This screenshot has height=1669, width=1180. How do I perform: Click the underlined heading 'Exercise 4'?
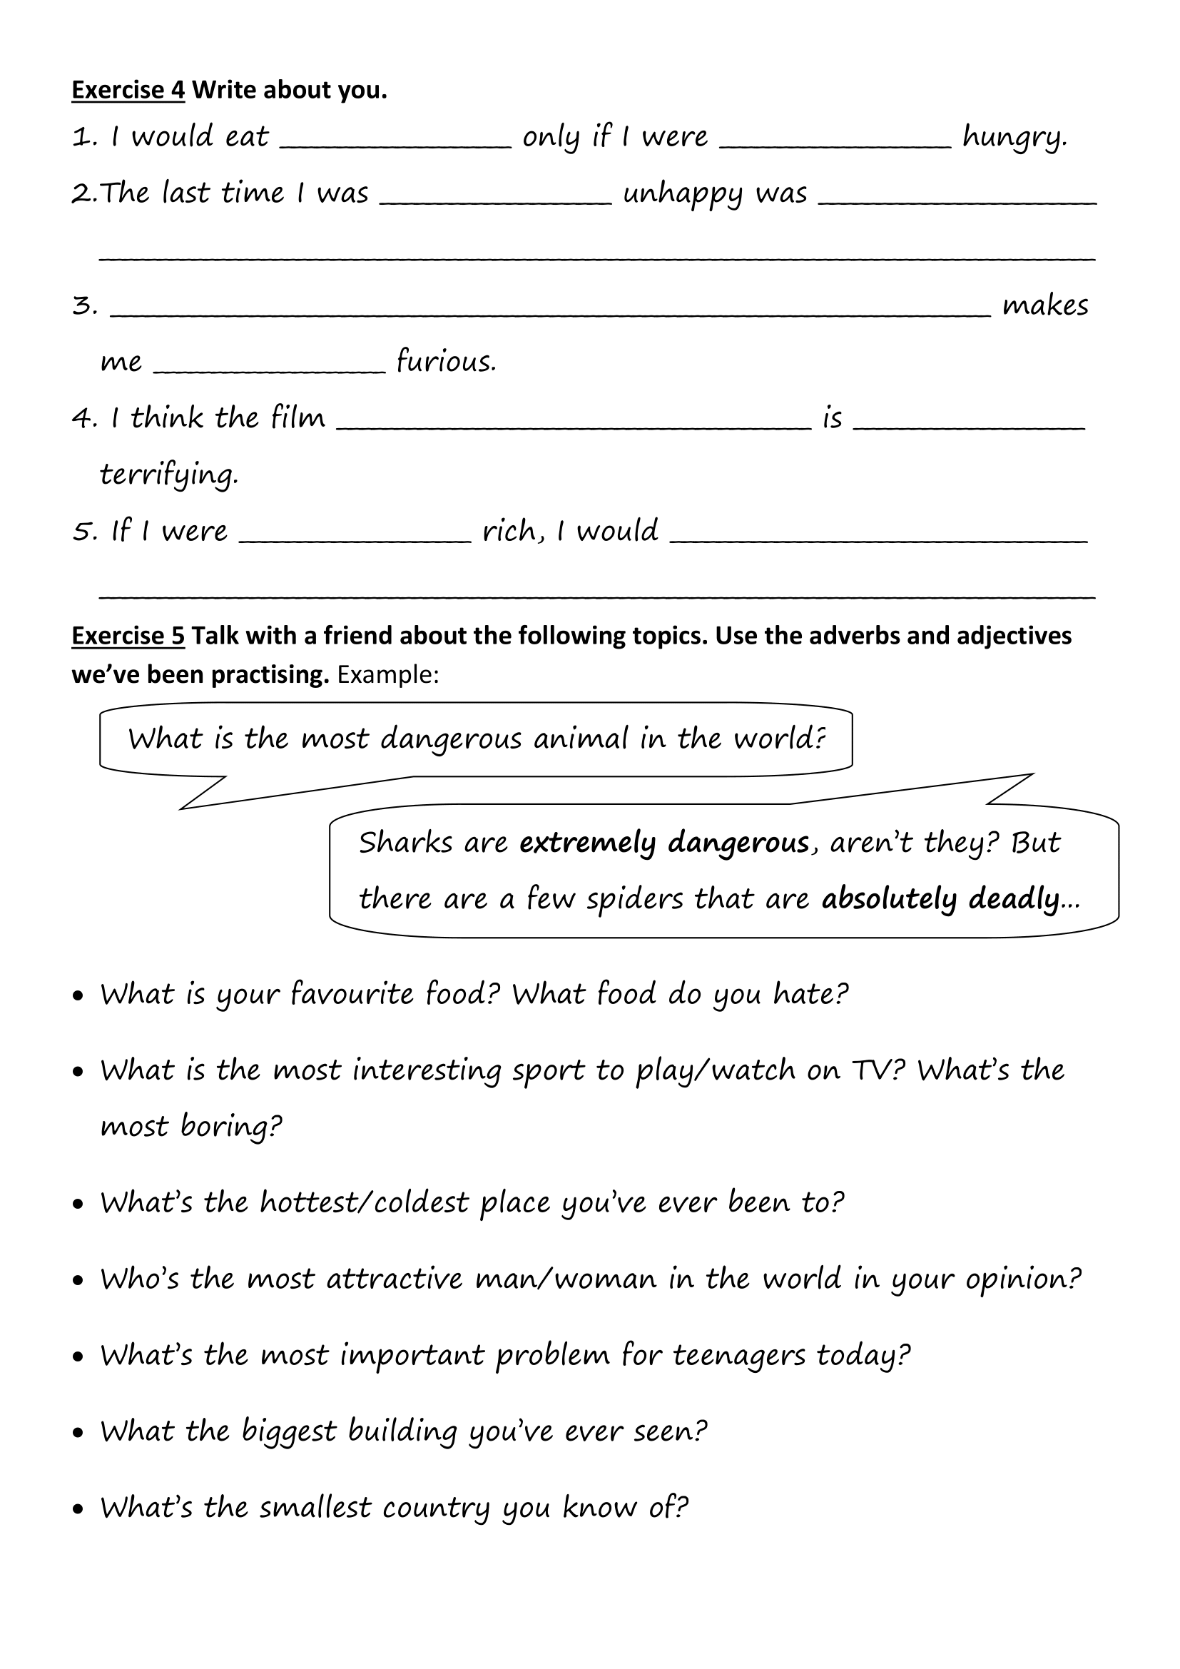tap(128, 90)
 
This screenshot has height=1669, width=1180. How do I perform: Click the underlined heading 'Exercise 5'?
tap(128, 636)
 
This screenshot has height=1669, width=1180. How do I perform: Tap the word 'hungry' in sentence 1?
tap(1014, 138)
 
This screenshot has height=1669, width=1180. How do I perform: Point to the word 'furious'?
tap(446, 361)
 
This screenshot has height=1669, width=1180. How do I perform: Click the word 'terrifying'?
tap(168, 475)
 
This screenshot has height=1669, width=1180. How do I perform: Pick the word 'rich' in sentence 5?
tap(509, 532)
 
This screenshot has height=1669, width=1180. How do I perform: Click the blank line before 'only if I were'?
tap(396, 143)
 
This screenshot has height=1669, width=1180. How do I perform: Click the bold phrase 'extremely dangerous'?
tap(664, 843)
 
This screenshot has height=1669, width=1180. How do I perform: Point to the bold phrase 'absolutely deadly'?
tap(941, 899)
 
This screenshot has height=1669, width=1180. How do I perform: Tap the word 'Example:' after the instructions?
tap(388, 675)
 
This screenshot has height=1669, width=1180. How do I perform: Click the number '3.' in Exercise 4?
tap(84, 306)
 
